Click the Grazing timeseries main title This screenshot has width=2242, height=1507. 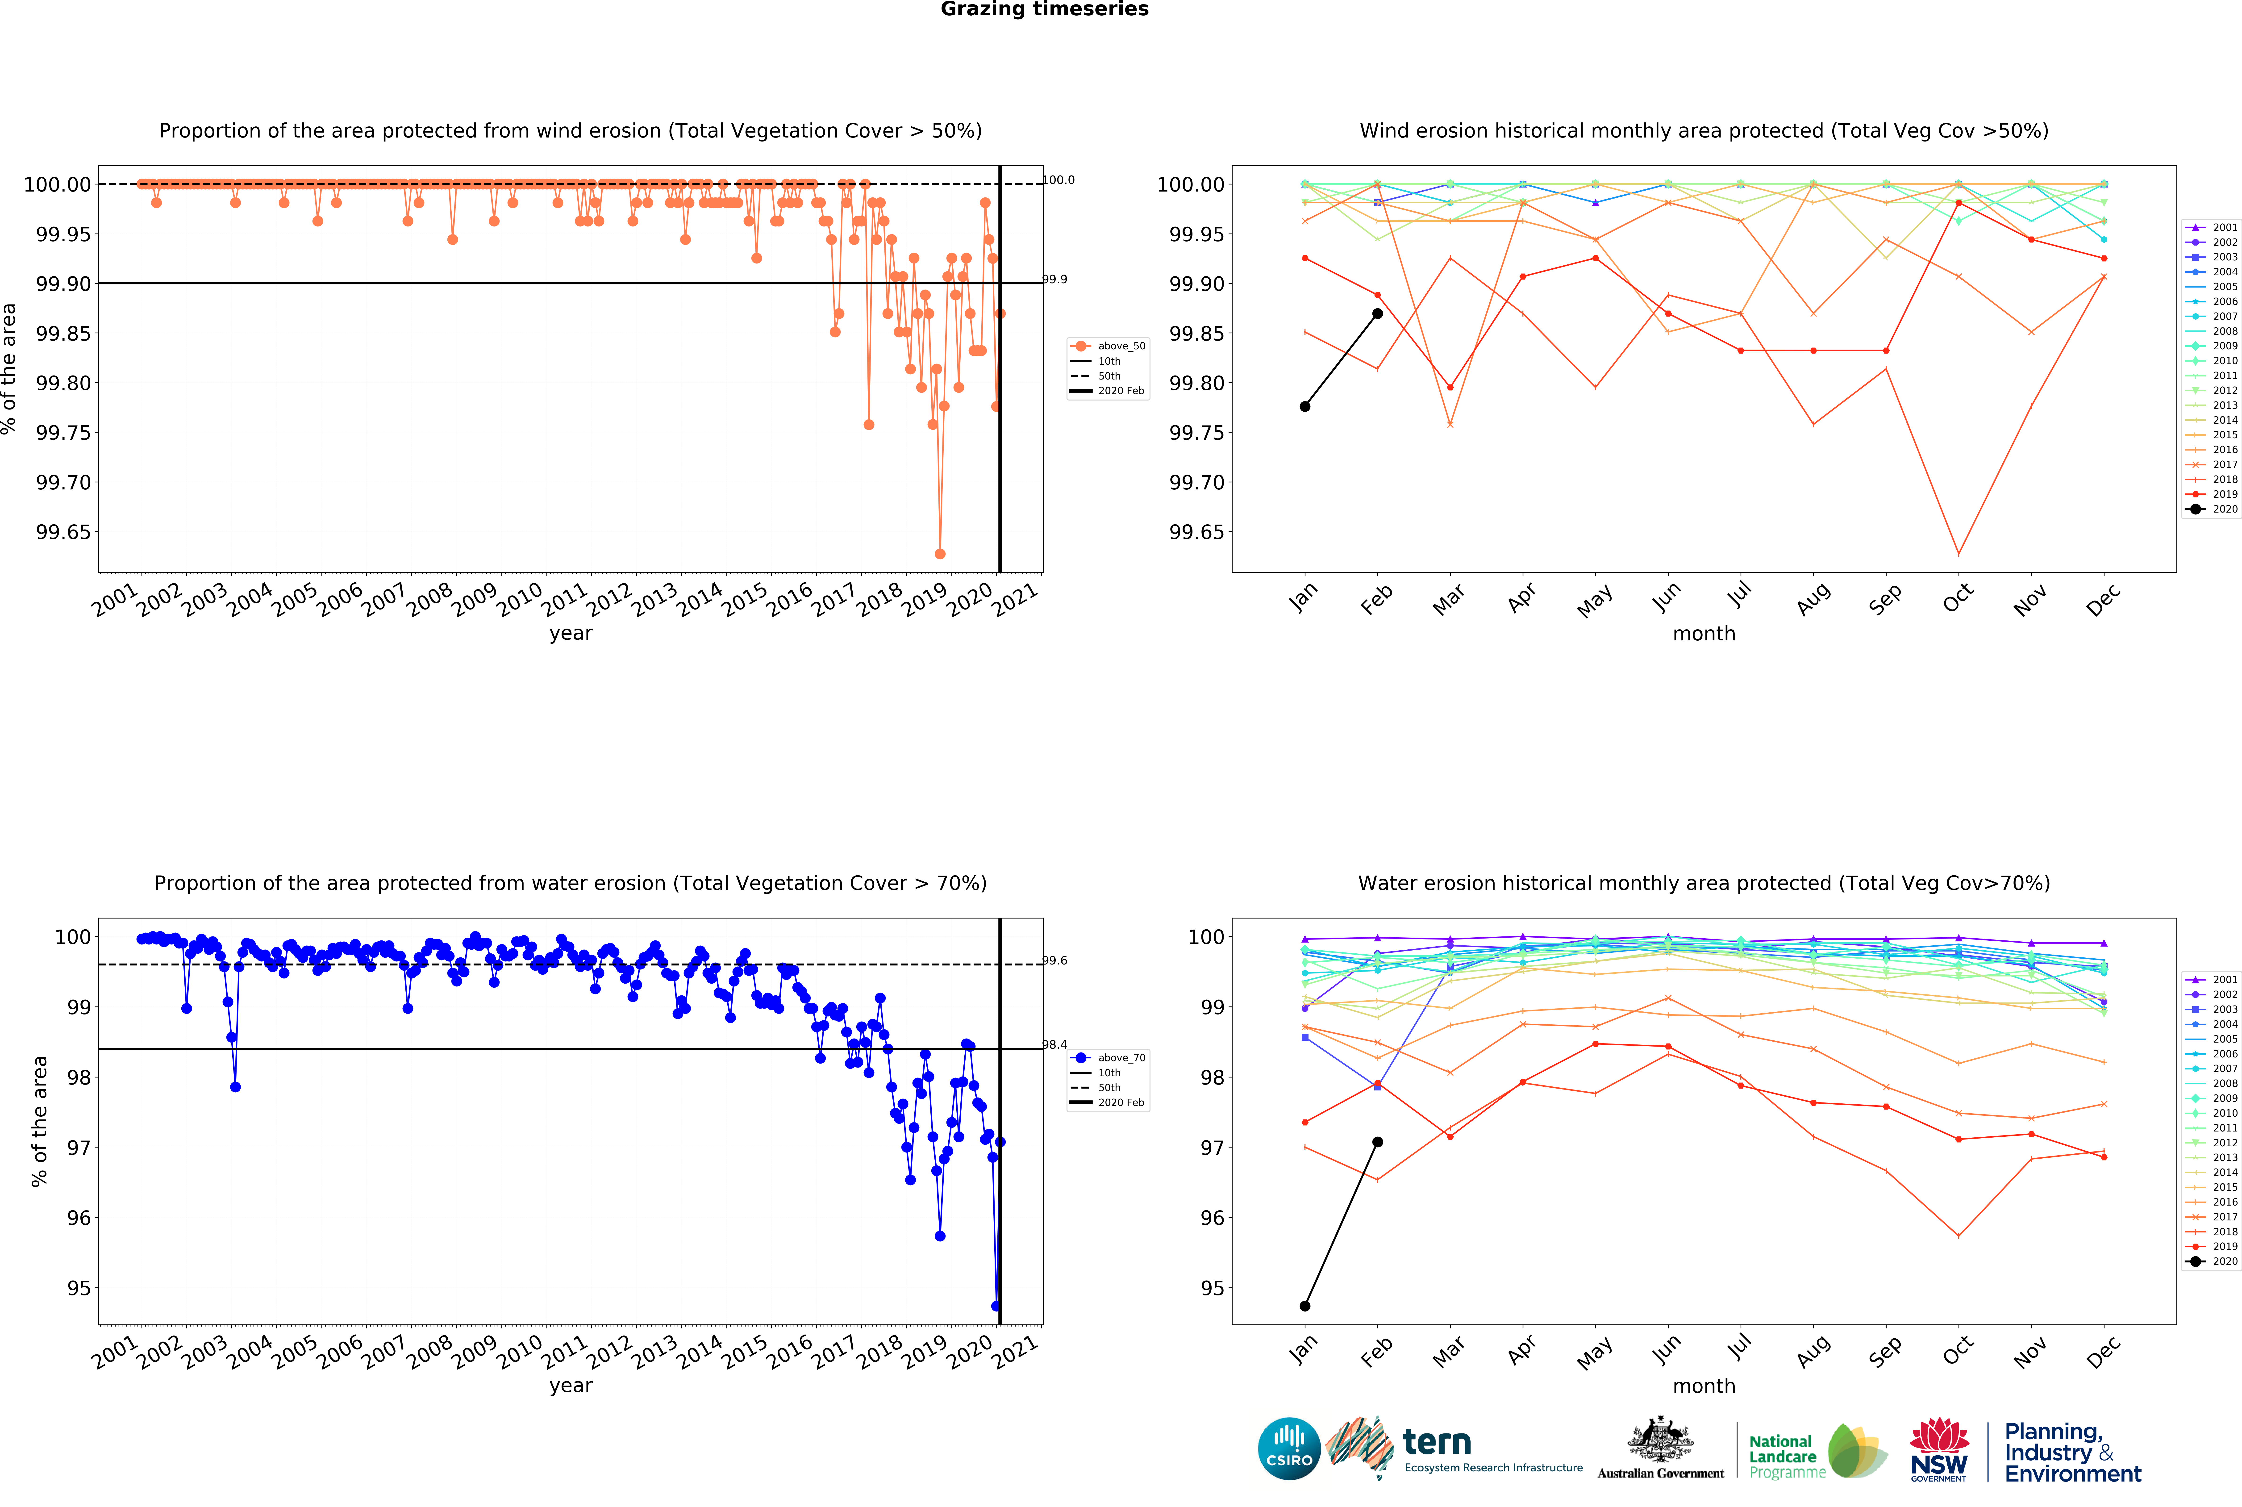pyautogui.click(x=1044, y=10)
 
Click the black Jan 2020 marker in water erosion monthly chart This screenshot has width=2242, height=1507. pyautogui.click(x=1304, y=1306)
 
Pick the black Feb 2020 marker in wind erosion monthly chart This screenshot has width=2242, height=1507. pyautogui.click(x=1377, y=313)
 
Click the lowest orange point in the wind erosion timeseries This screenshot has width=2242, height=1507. pyautogui.click(x=940, y=554)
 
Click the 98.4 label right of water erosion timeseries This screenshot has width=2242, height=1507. pyautogui.click(x=1055, y=1045)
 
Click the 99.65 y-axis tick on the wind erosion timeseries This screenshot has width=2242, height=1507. pyautogui.click(x=63, y=532)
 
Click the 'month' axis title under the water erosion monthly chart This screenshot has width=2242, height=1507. pyautogui.click(x=1704, y=1386)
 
